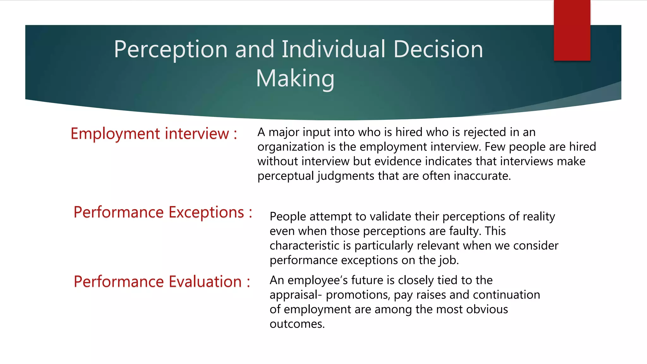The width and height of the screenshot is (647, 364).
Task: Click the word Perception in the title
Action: tap(171, 50)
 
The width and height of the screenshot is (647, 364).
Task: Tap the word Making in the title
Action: tap(295, 78)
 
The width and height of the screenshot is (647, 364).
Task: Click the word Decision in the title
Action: tap(438, 50)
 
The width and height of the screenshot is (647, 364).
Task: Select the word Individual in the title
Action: tap(334, 50)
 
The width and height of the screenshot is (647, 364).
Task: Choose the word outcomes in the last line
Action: tap(297, 324)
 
